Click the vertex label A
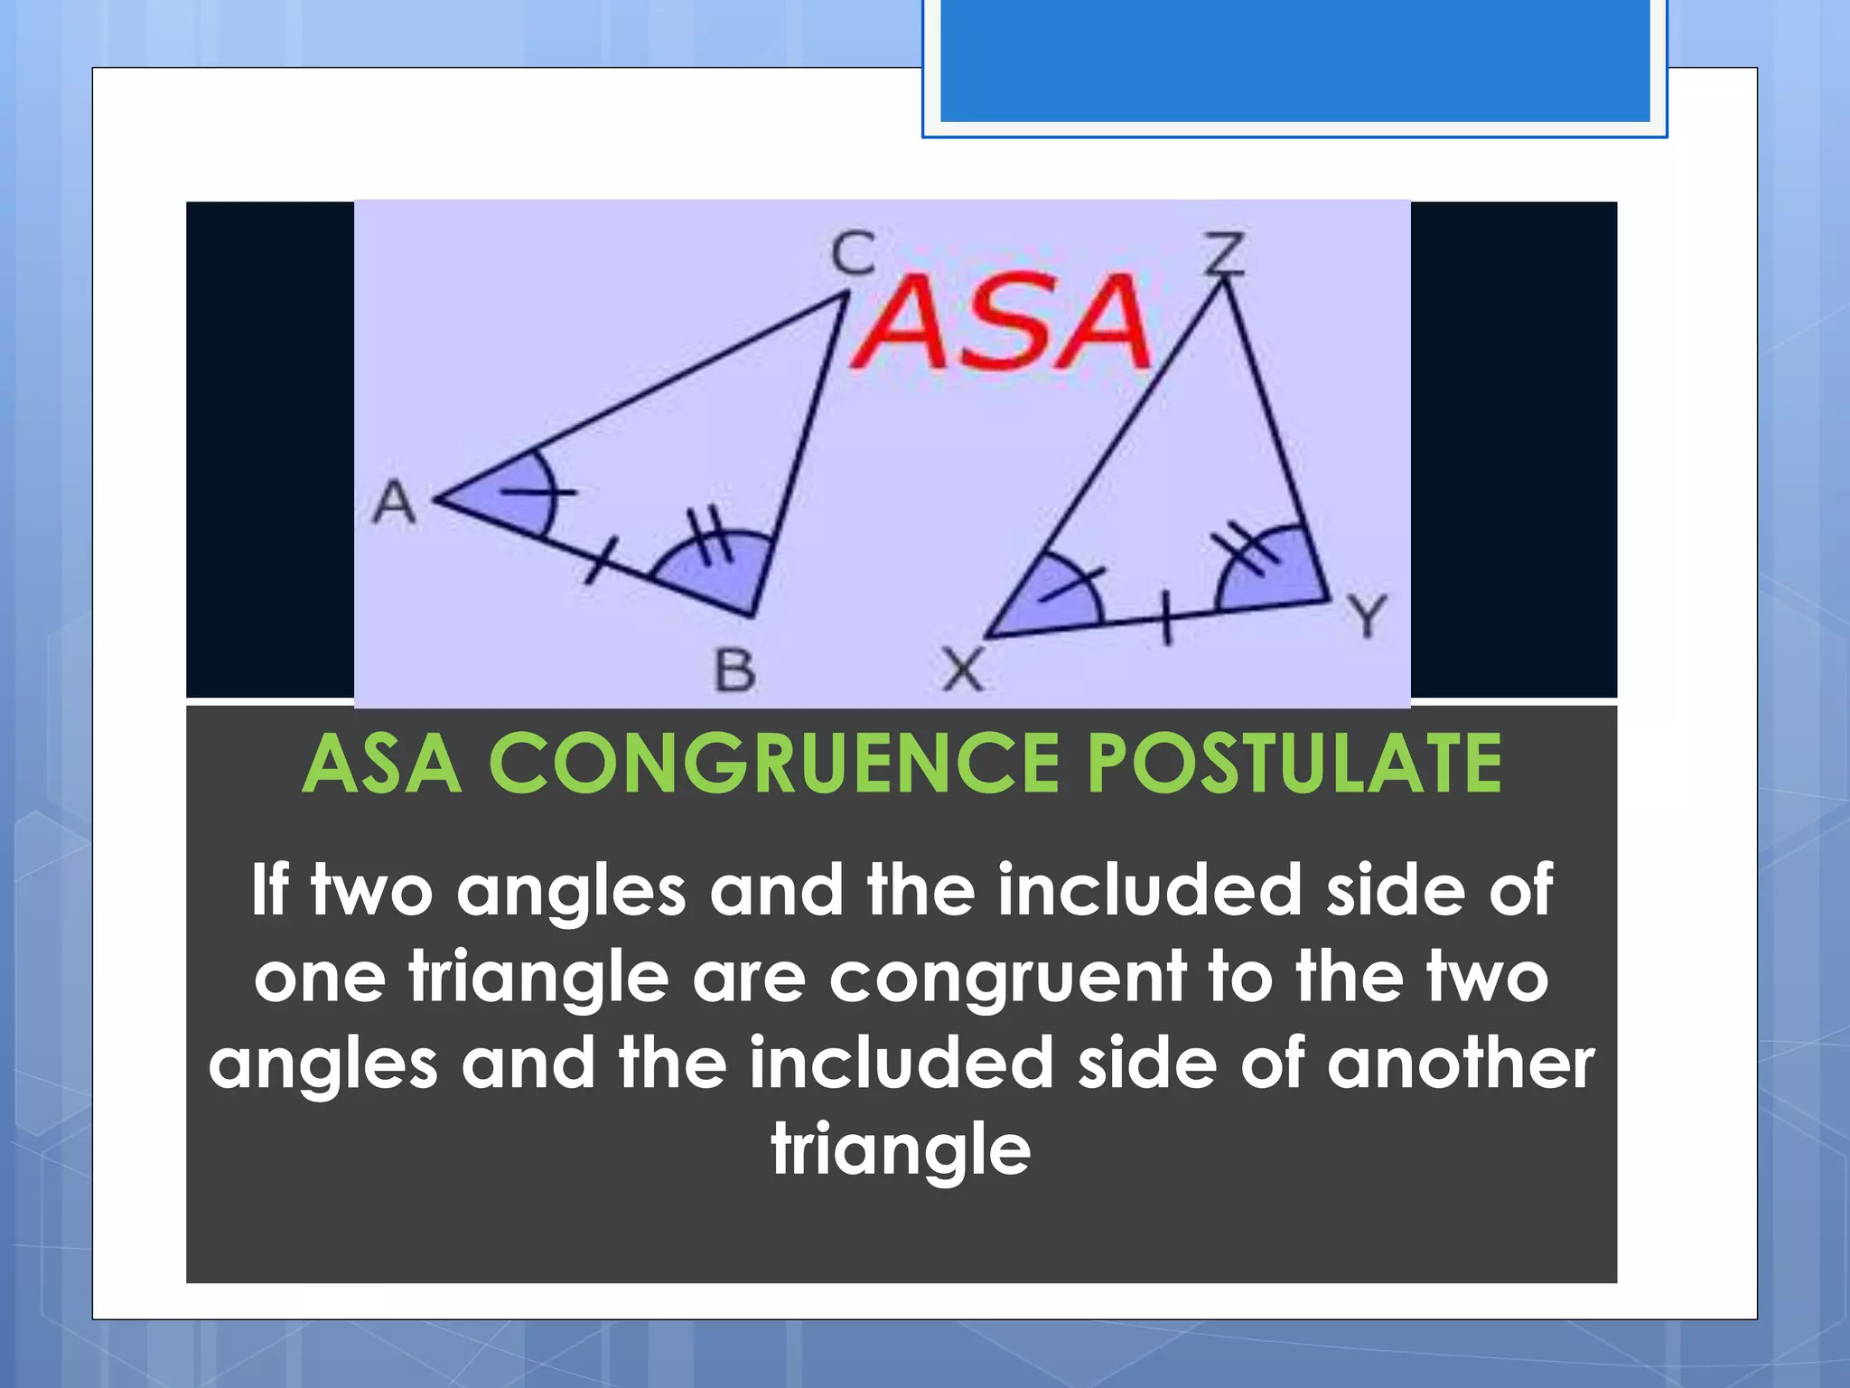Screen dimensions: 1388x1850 pos(395,502)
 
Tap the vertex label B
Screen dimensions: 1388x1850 pos(734,671)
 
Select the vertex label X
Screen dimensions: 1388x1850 pos(962,671)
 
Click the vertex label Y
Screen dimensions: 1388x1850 pos(1367,615)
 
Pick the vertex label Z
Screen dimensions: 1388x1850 pos(1225,252)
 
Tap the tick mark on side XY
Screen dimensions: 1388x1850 pos(1166,619)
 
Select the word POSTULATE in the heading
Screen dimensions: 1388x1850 pos(1294,764)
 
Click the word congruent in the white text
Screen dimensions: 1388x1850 pos(1006,978)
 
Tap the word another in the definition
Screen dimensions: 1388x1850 pos(1460,1064)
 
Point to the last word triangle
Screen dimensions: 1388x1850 pos(901,1150)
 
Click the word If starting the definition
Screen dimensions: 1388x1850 pos(268,890)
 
